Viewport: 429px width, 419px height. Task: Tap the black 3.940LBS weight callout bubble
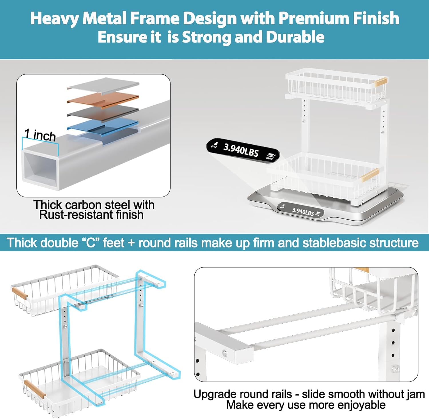[243, 150]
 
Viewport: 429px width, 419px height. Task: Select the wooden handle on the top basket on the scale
[381, 82]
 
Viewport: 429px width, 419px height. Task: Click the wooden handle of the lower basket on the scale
[370, 175]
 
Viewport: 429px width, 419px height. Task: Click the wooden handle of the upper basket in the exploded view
[20, 294]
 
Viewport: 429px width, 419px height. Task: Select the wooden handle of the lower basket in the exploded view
[35, 389]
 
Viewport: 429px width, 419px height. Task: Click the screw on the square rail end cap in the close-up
[225, 353]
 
